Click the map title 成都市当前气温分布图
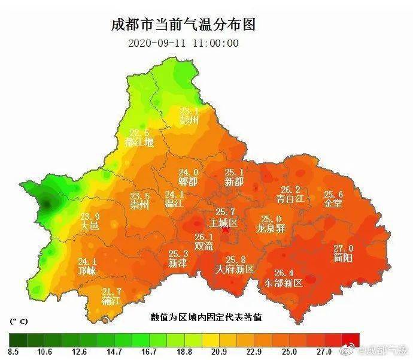coord(183,25)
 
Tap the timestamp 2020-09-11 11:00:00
coord(184,43)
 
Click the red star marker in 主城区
coord(225,230)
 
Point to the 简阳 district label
coord(344,258)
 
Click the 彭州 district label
coord(189,120)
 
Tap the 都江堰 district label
coord(139,143)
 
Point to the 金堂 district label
coord(333,204)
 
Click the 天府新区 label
coord(235,269)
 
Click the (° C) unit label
coord(20,322)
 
